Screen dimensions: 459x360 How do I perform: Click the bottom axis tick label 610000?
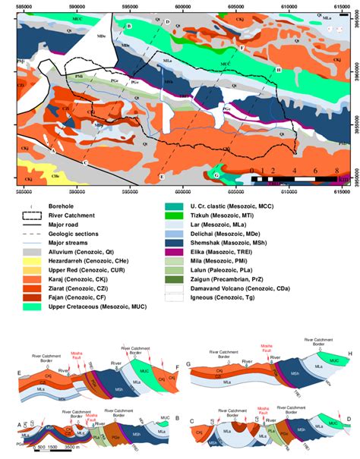tap(289, 189)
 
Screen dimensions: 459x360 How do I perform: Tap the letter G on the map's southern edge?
tap(217, 175)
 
